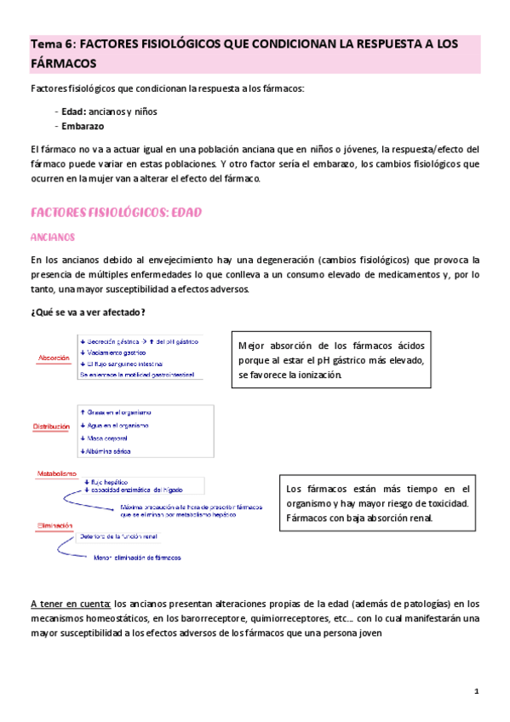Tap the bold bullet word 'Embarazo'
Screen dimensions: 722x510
pos(83,126)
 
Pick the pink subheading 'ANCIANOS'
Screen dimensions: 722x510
pos(53,237)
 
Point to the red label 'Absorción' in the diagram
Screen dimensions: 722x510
pos(54,359)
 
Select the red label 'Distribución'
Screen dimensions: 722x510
pos(52,425)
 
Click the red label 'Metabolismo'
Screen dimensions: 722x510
pos(56,473)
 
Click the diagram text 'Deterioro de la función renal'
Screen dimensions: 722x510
pos(131,536)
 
